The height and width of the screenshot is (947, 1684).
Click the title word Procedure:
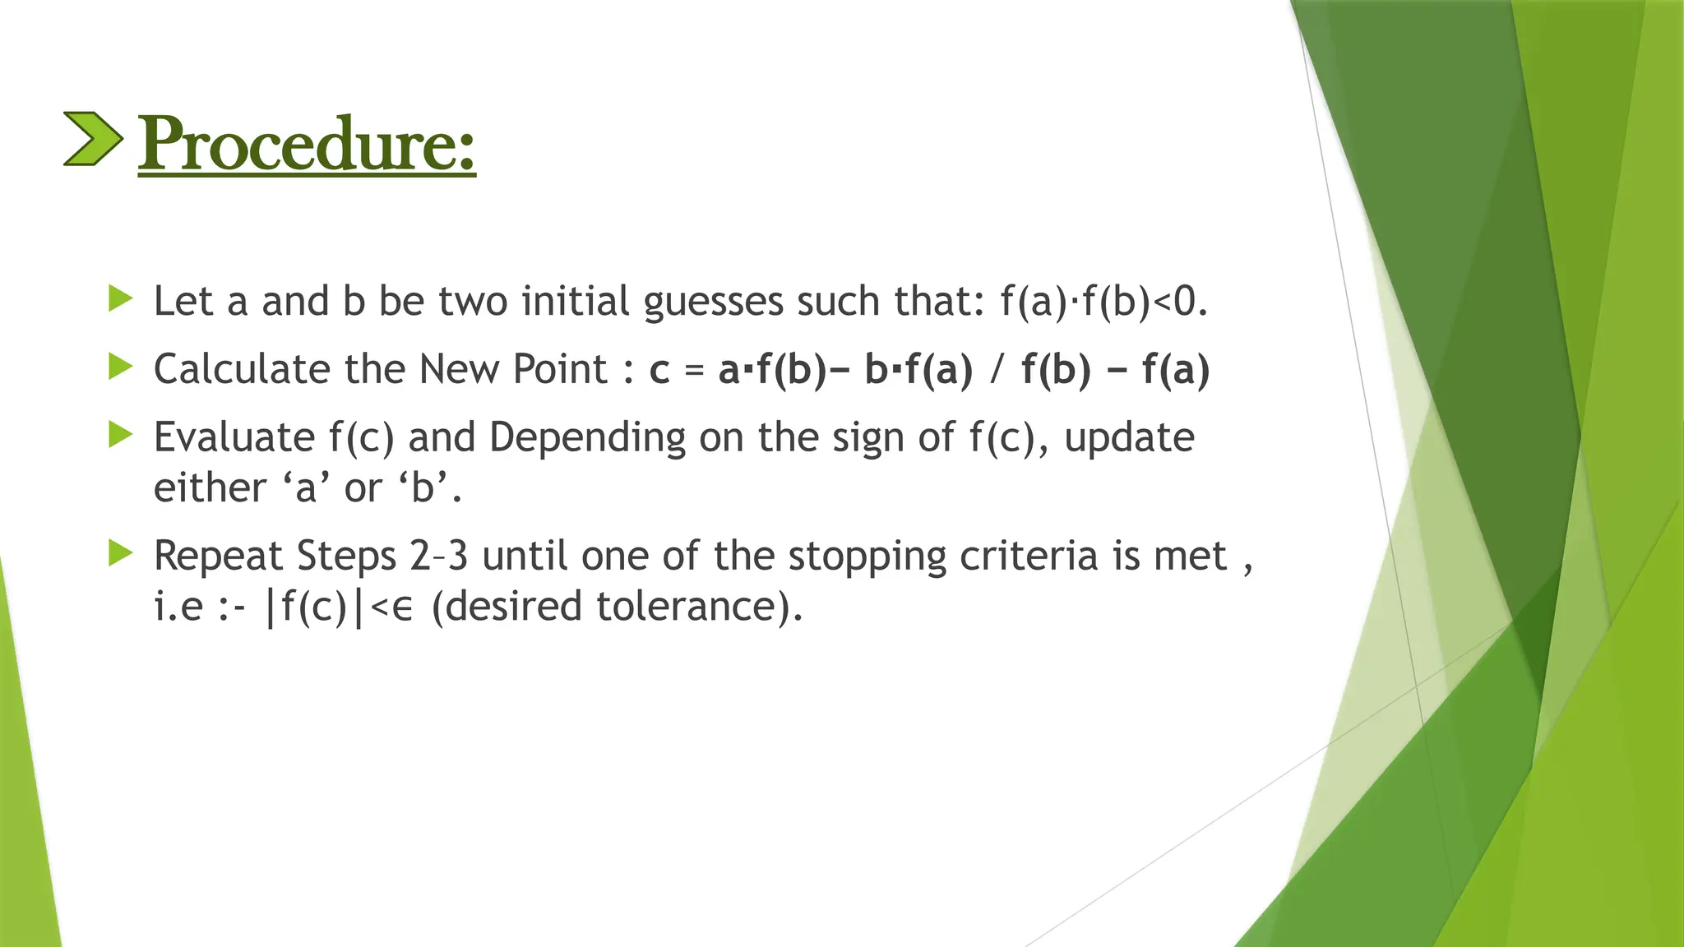(306, 145)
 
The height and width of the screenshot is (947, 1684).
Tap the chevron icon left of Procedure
(93, 139)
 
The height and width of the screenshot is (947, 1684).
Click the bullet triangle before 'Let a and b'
(120, 298)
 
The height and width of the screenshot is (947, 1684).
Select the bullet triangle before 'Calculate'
(120, 367)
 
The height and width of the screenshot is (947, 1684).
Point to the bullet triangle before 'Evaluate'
(120, 435)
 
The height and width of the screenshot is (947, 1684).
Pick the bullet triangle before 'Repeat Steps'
(120, 553)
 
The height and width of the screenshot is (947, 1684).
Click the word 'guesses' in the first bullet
(714, 303)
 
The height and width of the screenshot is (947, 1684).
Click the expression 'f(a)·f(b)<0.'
(1103, 302)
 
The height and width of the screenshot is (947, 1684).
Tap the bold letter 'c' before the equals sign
(659, 371)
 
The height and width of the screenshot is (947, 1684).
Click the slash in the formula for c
(997, 370)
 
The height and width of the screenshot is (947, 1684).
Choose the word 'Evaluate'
(234, 437)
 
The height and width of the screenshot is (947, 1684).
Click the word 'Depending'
(587, 438)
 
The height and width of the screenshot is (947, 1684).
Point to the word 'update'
(1129, 438)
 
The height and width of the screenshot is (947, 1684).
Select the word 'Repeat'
(219, 557)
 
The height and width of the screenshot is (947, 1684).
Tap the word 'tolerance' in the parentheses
(687, 607)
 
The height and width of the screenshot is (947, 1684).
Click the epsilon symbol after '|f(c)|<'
(402, 609)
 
